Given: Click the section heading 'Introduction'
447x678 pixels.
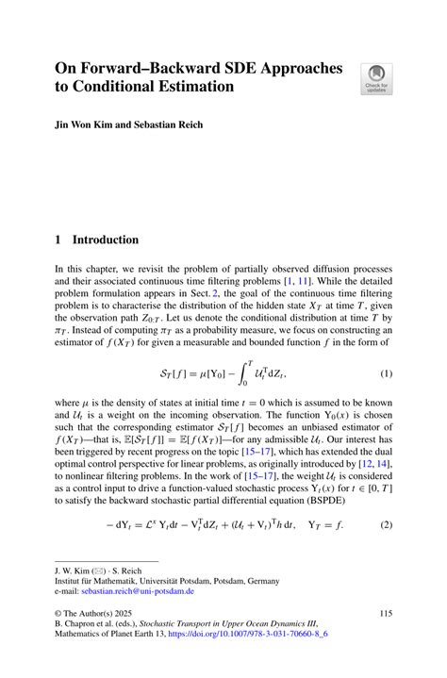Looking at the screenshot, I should (x=107, y=240).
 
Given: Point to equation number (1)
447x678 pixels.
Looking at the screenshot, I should (x=386, y=374).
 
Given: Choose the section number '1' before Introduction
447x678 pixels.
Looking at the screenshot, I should (x=58, y=240).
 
